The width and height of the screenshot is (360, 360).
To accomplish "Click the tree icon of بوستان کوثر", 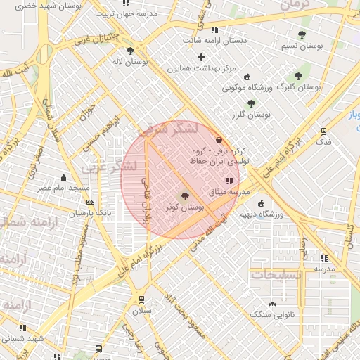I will tap(185, 197).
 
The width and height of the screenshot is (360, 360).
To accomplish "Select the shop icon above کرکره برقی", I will tap(219, 140).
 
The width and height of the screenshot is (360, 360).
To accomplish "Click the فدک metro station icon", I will tap(323, 130).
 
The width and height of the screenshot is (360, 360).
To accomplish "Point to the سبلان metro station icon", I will tap(142, 298).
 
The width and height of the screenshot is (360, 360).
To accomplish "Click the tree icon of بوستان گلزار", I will tap(251, 103).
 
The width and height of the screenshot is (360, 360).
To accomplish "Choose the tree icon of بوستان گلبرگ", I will tap(297, 75).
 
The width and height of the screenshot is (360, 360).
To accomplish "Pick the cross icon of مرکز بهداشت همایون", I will tap(202, 57).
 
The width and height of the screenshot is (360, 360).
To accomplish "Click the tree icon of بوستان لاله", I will tap(131, 51).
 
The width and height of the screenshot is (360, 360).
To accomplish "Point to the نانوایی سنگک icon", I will tap(273, 304).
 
